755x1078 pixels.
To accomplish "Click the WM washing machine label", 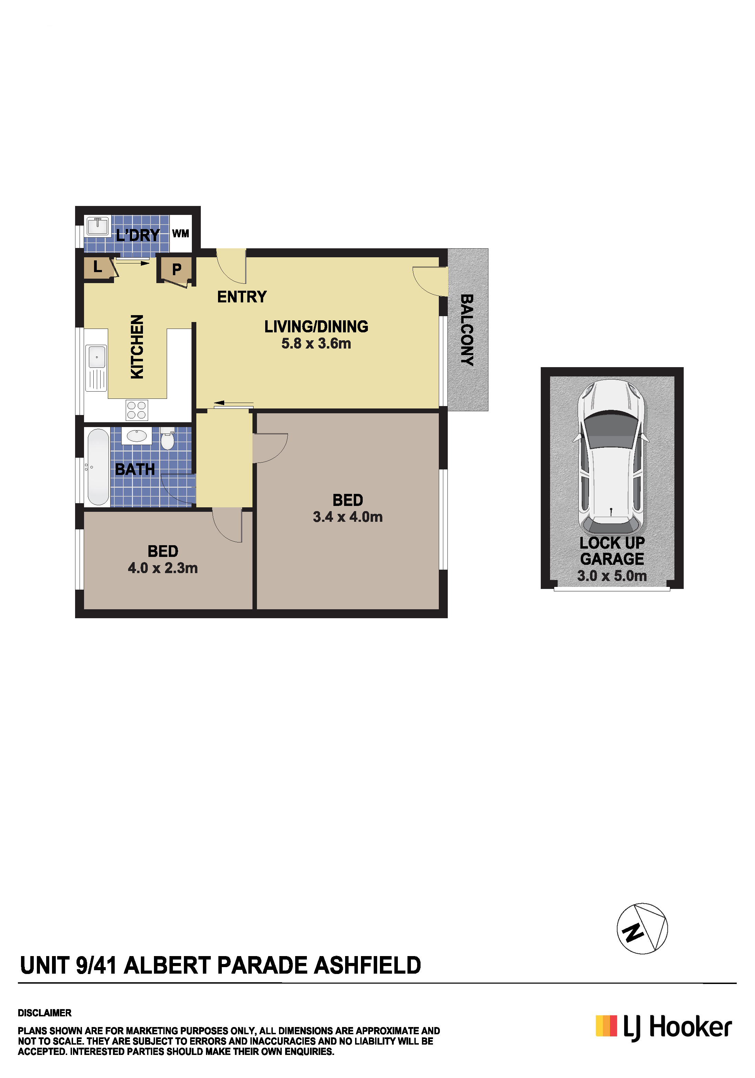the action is point(181,234).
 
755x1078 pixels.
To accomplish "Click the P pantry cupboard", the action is point(176,269).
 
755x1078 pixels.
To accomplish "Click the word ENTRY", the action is point(242,297).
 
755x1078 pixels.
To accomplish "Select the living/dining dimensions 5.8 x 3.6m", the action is point(316,344).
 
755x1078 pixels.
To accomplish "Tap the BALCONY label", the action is point(467,330).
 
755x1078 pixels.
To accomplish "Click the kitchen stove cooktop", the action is point(137,410).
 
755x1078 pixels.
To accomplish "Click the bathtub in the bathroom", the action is point(98,466).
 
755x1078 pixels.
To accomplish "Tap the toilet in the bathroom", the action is point(167,438).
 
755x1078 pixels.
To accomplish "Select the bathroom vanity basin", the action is point(137,436).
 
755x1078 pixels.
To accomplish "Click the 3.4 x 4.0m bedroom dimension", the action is point(348,517).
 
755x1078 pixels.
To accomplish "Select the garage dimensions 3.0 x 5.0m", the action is point(612,576).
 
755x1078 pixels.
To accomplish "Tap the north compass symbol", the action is point(642,928).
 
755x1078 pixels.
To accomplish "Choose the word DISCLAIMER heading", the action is point(45,1013).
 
